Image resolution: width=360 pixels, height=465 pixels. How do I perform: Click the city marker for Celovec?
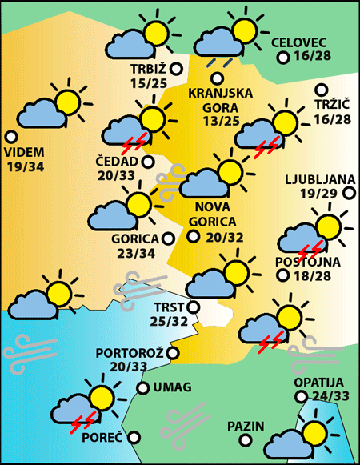[282, 58]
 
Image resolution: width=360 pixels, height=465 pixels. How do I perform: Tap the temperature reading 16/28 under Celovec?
[313, 57]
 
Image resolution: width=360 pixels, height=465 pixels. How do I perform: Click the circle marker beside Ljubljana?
[349, 193]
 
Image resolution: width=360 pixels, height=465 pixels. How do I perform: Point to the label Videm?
[25, 152]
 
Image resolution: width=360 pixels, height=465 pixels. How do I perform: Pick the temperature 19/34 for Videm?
[25, 166]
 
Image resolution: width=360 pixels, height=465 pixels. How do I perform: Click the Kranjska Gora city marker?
[217, 78]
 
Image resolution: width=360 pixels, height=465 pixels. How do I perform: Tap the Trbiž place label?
[147, 70]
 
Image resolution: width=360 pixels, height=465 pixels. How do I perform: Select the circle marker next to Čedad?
[148, 162]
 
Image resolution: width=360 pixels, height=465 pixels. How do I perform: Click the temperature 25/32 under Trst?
[170, 321]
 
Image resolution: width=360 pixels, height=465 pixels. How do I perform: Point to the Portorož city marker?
[173, 352]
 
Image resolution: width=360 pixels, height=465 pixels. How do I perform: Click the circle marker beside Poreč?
[134, 437]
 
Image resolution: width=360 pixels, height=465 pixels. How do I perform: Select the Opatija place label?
[318, 383]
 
